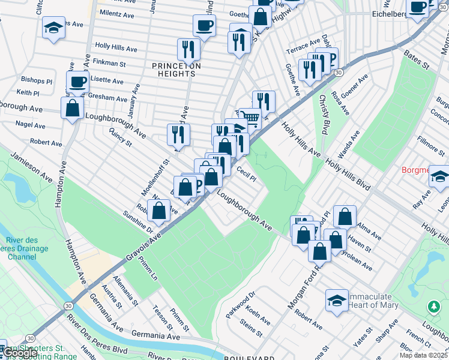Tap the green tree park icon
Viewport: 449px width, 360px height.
coord(433,307)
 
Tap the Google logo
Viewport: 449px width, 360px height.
coord(20,352)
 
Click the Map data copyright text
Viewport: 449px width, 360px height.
coord(423,355)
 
